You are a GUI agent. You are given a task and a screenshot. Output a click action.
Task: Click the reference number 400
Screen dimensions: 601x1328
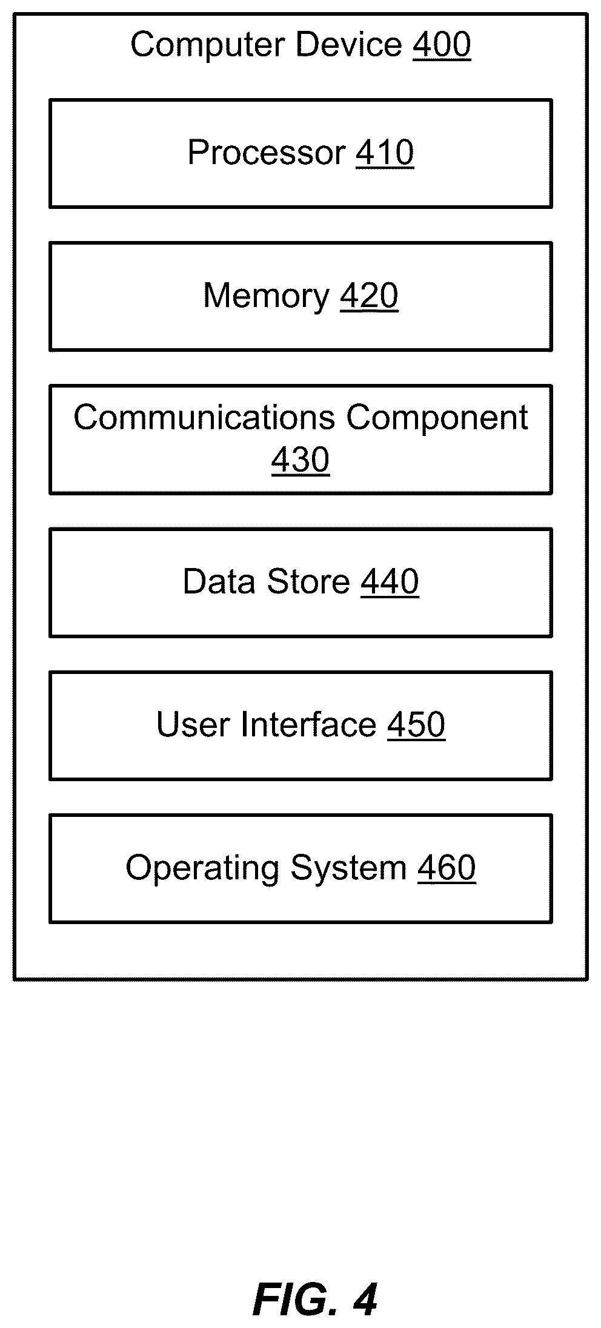click(442, 45)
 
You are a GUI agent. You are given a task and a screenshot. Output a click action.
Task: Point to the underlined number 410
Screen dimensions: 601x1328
click(385, 153)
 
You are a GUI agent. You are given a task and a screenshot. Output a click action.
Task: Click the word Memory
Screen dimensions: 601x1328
click(266, 296)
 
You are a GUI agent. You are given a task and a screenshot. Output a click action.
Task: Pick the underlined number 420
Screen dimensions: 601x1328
click(369, 296)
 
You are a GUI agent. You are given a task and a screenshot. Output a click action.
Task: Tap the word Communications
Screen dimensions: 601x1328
click(205, 417)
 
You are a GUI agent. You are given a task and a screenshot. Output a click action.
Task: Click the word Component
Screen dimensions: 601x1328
click(437, 418)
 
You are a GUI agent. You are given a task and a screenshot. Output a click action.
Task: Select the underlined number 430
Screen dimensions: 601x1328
click(300, 460)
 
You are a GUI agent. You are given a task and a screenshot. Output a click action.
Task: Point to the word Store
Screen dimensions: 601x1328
click(308, 581)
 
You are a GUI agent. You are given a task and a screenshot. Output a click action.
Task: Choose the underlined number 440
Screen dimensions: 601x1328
click(390, 582)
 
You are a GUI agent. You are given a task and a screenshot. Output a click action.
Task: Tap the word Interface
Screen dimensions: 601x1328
click(309, 724)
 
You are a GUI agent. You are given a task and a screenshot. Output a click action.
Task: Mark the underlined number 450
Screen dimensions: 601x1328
click(416, 725)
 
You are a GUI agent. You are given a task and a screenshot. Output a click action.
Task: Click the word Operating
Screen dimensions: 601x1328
click(202, 868)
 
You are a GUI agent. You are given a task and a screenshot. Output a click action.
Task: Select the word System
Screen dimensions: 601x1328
click(348, 868)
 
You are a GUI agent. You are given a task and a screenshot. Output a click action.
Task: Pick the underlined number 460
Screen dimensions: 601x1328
click(447, 868)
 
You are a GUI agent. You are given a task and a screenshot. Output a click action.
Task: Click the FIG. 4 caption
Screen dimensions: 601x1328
click(315, 1299)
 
